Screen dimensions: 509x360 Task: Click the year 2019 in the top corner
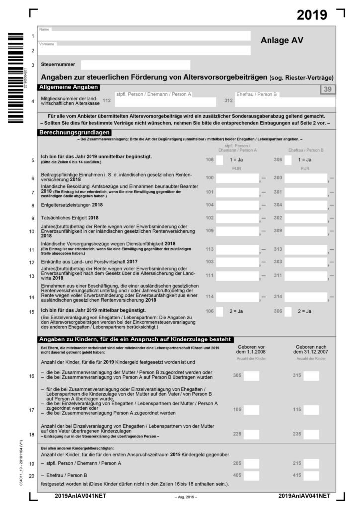[x=312, y=15]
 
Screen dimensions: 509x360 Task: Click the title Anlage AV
[x=281, y=41]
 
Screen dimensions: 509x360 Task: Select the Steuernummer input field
[x=135, y=65]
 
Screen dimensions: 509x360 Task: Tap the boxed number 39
[x=328, y=89]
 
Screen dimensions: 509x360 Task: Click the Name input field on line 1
[x=144, y=36]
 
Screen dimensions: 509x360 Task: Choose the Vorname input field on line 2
[x=144, y=50]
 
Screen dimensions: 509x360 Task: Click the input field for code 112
[x=166, y=102]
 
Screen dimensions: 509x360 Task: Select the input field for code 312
[x=285, y=102]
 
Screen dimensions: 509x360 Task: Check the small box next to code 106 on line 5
[x=219, y=160]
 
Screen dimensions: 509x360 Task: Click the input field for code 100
[x=237, y=178]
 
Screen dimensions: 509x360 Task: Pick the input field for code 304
[x=305, y=205]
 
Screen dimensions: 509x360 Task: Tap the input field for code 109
[x=237, y=231]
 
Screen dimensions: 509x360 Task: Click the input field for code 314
[x=305, y=297]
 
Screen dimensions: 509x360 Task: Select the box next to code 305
[x=251, y=376]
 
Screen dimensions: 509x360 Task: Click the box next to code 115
[x=311, y=410]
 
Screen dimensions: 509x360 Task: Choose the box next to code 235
[x=311, y=433]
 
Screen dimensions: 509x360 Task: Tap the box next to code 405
[x=251, y=475]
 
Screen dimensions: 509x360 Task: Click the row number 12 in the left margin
[x=32, y=262]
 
